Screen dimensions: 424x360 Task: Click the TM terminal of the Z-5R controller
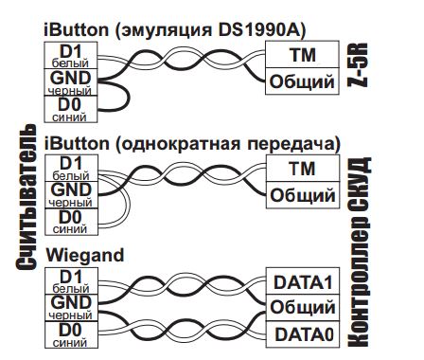click(x=302, y=54)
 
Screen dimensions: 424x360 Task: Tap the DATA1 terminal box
click(x=303, y=281)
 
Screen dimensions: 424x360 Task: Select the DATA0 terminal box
click(x=303, y=334)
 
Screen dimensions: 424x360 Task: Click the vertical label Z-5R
click(x=358, y=64)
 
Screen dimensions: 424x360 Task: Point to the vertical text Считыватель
click(x=26, y=197)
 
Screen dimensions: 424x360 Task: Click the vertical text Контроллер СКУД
click(x=359, y=252)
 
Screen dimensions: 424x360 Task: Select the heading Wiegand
click(x=85, y=255)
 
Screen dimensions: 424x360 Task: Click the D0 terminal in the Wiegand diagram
click(x=71, y=334)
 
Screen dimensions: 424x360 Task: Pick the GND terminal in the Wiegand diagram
click(x=71, y=308)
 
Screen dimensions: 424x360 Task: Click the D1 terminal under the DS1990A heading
click(x=70, y=55)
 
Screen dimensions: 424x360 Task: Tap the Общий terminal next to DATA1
click(x=303, y=308)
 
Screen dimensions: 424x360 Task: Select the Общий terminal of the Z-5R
click(x=302, y=81)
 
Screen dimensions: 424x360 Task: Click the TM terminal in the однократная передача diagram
click(x=303, y=168)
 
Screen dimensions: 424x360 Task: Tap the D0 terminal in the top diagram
click(x=70, y=109)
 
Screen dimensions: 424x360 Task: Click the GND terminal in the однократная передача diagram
click(x=71, y=195)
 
